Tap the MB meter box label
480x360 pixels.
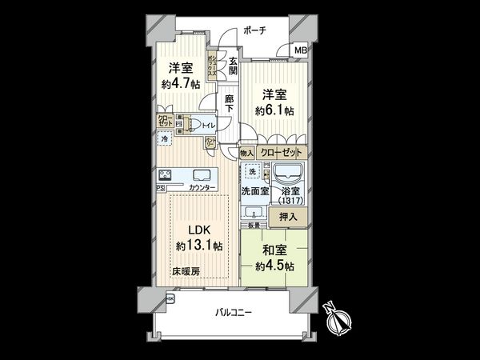[300, 50]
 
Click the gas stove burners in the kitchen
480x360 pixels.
[167, 176]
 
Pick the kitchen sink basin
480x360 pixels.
[200, 176]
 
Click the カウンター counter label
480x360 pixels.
[201, 188]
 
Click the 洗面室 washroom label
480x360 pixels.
[255, 191]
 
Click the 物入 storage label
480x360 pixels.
[246, 152]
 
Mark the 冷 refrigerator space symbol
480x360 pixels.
[165, 140]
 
